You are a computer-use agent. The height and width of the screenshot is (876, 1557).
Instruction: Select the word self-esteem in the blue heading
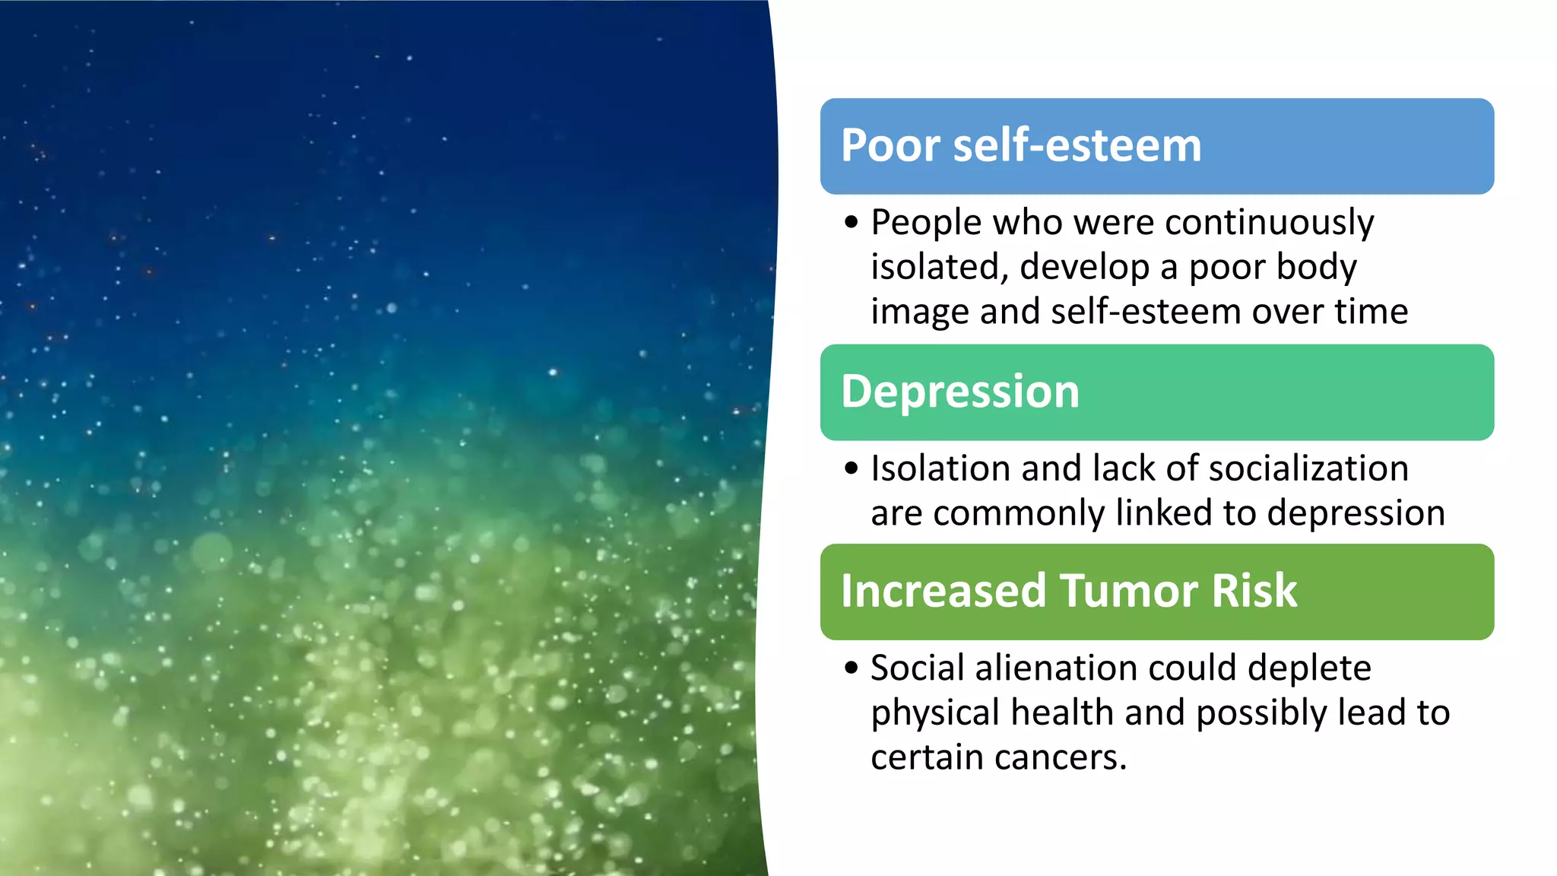click(1077, 145)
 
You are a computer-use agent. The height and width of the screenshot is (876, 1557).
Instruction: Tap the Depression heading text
click(960, 392)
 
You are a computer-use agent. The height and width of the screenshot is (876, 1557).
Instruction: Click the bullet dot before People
click(851, 223)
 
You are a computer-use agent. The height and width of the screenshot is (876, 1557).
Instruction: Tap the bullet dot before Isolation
click(851, 468)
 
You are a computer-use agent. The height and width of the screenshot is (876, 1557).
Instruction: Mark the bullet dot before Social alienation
click(851, 668)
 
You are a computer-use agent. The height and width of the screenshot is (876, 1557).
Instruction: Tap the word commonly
click(1018, 513)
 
